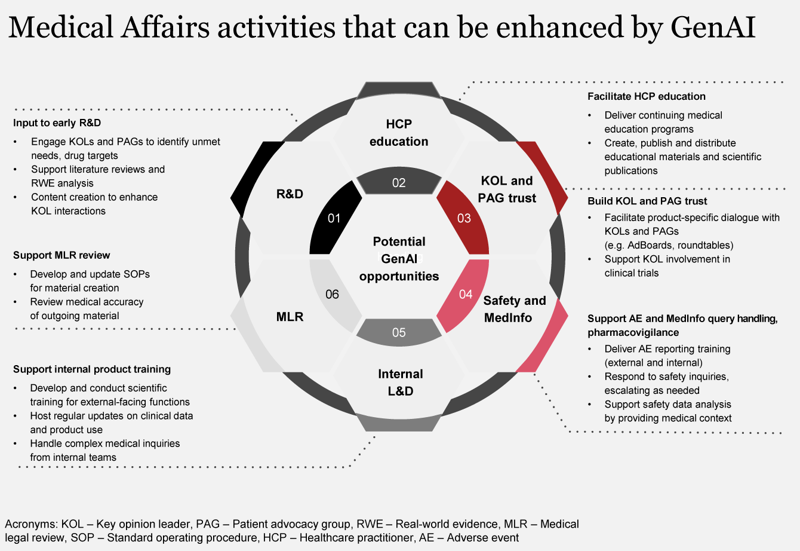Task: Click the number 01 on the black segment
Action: click(334, 218)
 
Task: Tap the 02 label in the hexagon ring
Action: click(399, 183)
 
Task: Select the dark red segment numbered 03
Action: click(464, 218)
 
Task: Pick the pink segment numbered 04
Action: click(466, 294)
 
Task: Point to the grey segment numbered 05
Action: click(399, 332)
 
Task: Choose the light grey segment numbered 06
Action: click(332, 294)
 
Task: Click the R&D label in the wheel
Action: click(290, 194)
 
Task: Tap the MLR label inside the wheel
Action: click(290, 316)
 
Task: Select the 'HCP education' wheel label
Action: click(399, 133)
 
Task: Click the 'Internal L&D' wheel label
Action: click(400, 382)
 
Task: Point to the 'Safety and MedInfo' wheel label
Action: click(514, 309)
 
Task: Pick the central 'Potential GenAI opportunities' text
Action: click(399, 259)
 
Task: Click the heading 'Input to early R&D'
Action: click(57, 123)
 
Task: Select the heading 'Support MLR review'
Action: click(61, 255)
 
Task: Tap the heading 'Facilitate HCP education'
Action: click(646, 96)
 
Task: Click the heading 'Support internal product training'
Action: click(92, 369)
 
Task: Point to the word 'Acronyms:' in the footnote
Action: click(31, 524)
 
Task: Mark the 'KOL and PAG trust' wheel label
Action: click(507, 189)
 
